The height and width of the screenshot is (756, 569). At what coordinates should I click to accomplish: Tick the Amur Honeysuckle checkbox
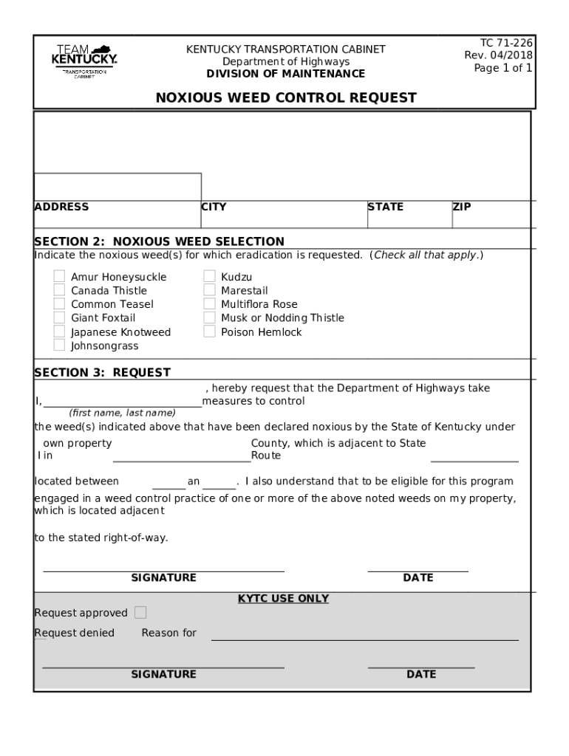click(59, 277)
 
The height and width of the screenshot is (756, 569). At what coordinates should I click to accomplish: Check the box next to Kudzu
click(209, 277)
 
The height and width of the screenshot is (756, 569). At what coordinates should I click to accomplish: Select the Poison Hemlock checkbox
click(209, 332)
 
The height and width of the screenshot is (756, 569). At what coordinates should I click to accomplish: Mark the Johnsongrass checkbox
click(59, 346)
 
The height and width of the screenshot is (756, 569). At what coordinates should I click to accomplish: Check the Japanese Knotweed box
click(59, 332)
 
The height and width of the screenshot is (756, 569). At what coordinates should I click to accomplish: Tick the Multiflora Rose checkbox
click(209, 304)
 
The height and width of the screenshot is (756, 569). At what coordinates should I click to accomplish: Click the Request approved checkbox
click(140, 613)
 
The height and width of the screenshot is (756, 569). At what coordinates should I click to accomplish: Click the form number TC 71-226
click(499, 42)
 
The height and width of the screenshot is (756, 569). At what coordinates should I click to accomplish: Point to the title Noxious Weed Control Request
click(286, 97)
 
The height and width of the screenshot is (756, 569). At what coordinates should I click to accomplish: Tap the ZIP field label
click(462, 207)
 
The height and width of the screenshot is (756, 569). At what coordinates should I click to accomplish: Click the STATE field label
click(386, 207)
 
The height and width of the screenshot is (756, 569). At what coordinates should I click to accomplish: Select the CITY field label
click(214, 207)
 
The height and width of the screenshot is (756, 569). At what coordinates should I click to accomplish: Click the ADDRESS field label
click(61, 207)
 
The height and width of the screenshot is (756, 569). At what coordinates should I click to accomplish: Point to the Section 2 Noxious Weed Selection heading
click(159, 241)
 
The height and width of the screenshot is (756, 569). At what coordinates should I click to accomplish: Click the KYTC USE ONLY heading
click(283, 599)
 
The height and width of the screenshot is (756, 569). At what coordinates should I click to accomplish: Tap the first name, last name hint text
click(122, 413)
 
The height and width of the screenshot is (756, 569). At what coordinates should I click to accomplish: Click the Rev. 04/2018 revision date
click(498, 55)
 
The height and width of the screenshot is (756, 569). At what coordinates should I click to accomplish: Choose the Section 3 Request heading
click(102, 373)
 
